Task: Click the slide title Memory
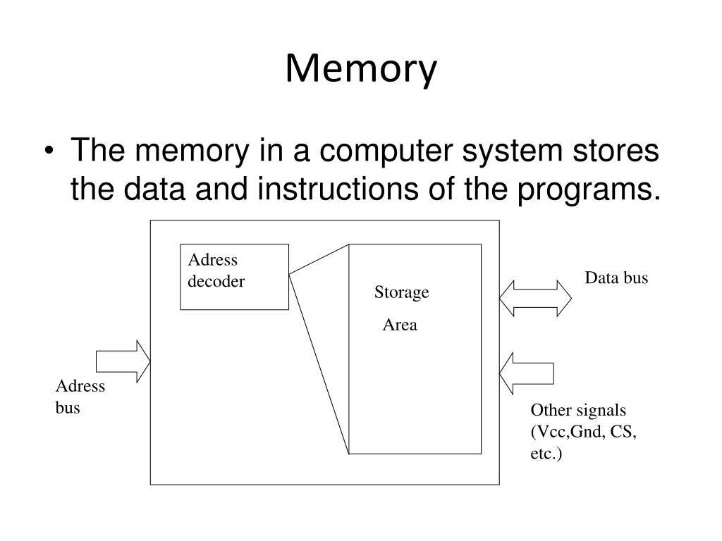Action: pyautogui.click(x=361, y=70)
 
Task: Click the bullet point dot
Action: pyautogui.click(x=49, y=151)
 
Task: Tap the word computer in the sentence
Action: pyautogui.click(x=386, y=151)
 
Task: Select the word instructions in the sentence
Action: pyautogui.click(x=338, y=189)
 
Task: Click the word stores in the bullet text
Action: pyautogui.click(x=616, y=151)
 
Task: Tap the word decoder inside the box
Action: pyautogui.click(x=216, y=281)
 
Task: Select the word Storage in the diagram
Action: pyautogui.click(x=401, y=292)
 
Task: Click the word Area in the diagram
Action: pyautogui.click(x=400, y=325)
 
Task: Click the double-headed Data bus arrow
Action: pyautogui.click(x=536, y=299)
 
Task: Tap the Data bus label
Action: pyautogui.click(x=616, y=278)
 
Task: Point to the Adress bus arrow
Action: pyautogui.click(x=123, y=361)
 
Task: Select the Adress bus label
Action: pyautogui.click(x=80, y=397)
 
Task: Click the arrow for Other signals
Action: pyautogui.click(x=526, y=373)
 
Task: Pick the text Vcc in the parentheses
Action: pyautogui.click(x=550, y=432)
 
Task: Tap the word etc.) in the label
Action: pyautogui.click(x=546, y=454)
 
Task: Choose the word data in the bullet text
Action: pyautogui.click(x=154, y=189)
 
